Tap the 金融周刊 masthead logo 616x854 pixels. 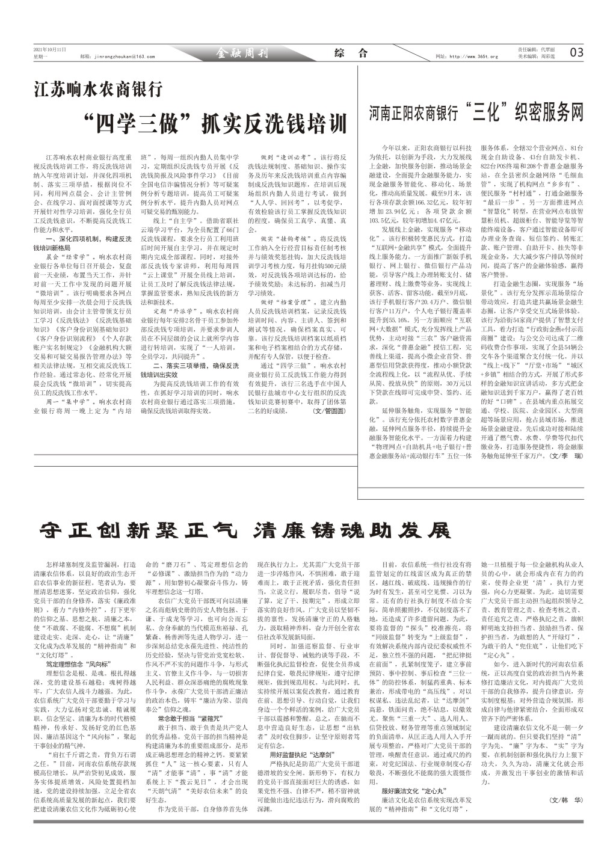(x=242, y=54)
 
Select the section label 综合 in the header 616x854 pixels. (x=350, y=53)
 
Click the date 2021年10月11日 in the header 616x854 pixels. (x=49, y=49)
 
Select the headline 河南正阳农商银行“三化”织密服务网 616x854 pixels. (x=476, y=112)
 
